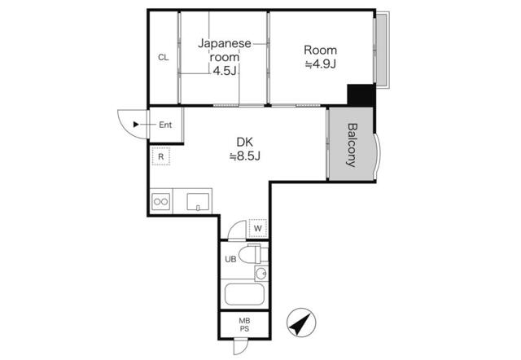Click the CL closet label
[x=163, y=57]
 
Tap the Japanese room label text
[x=225, y=50]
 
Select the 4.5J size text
[x=225, y=71]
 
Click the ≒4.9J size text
[x=321, y=64]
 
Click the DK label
[x=245, y=139]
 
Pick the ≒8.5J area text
[x=245, y=155]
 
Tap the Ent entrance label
[x=165, y=125]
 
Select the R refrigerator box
[x=162, y=156]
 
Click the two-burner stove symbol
[x=160, y=201]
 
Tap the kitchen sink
[x=199, y=200]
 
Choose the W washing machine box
[x=257, y=228]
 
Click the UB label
[x=230, y=259]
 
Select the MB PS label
[x=244, y=324]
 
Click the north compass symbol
[x=300, y=324]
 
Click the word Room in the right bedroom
[x=321, y=47]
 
